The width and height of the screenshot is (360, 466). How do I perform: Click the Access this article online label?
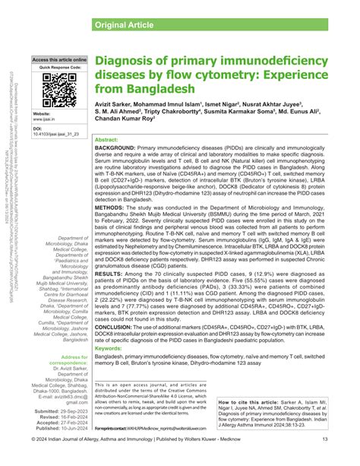tap(59, 59)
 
